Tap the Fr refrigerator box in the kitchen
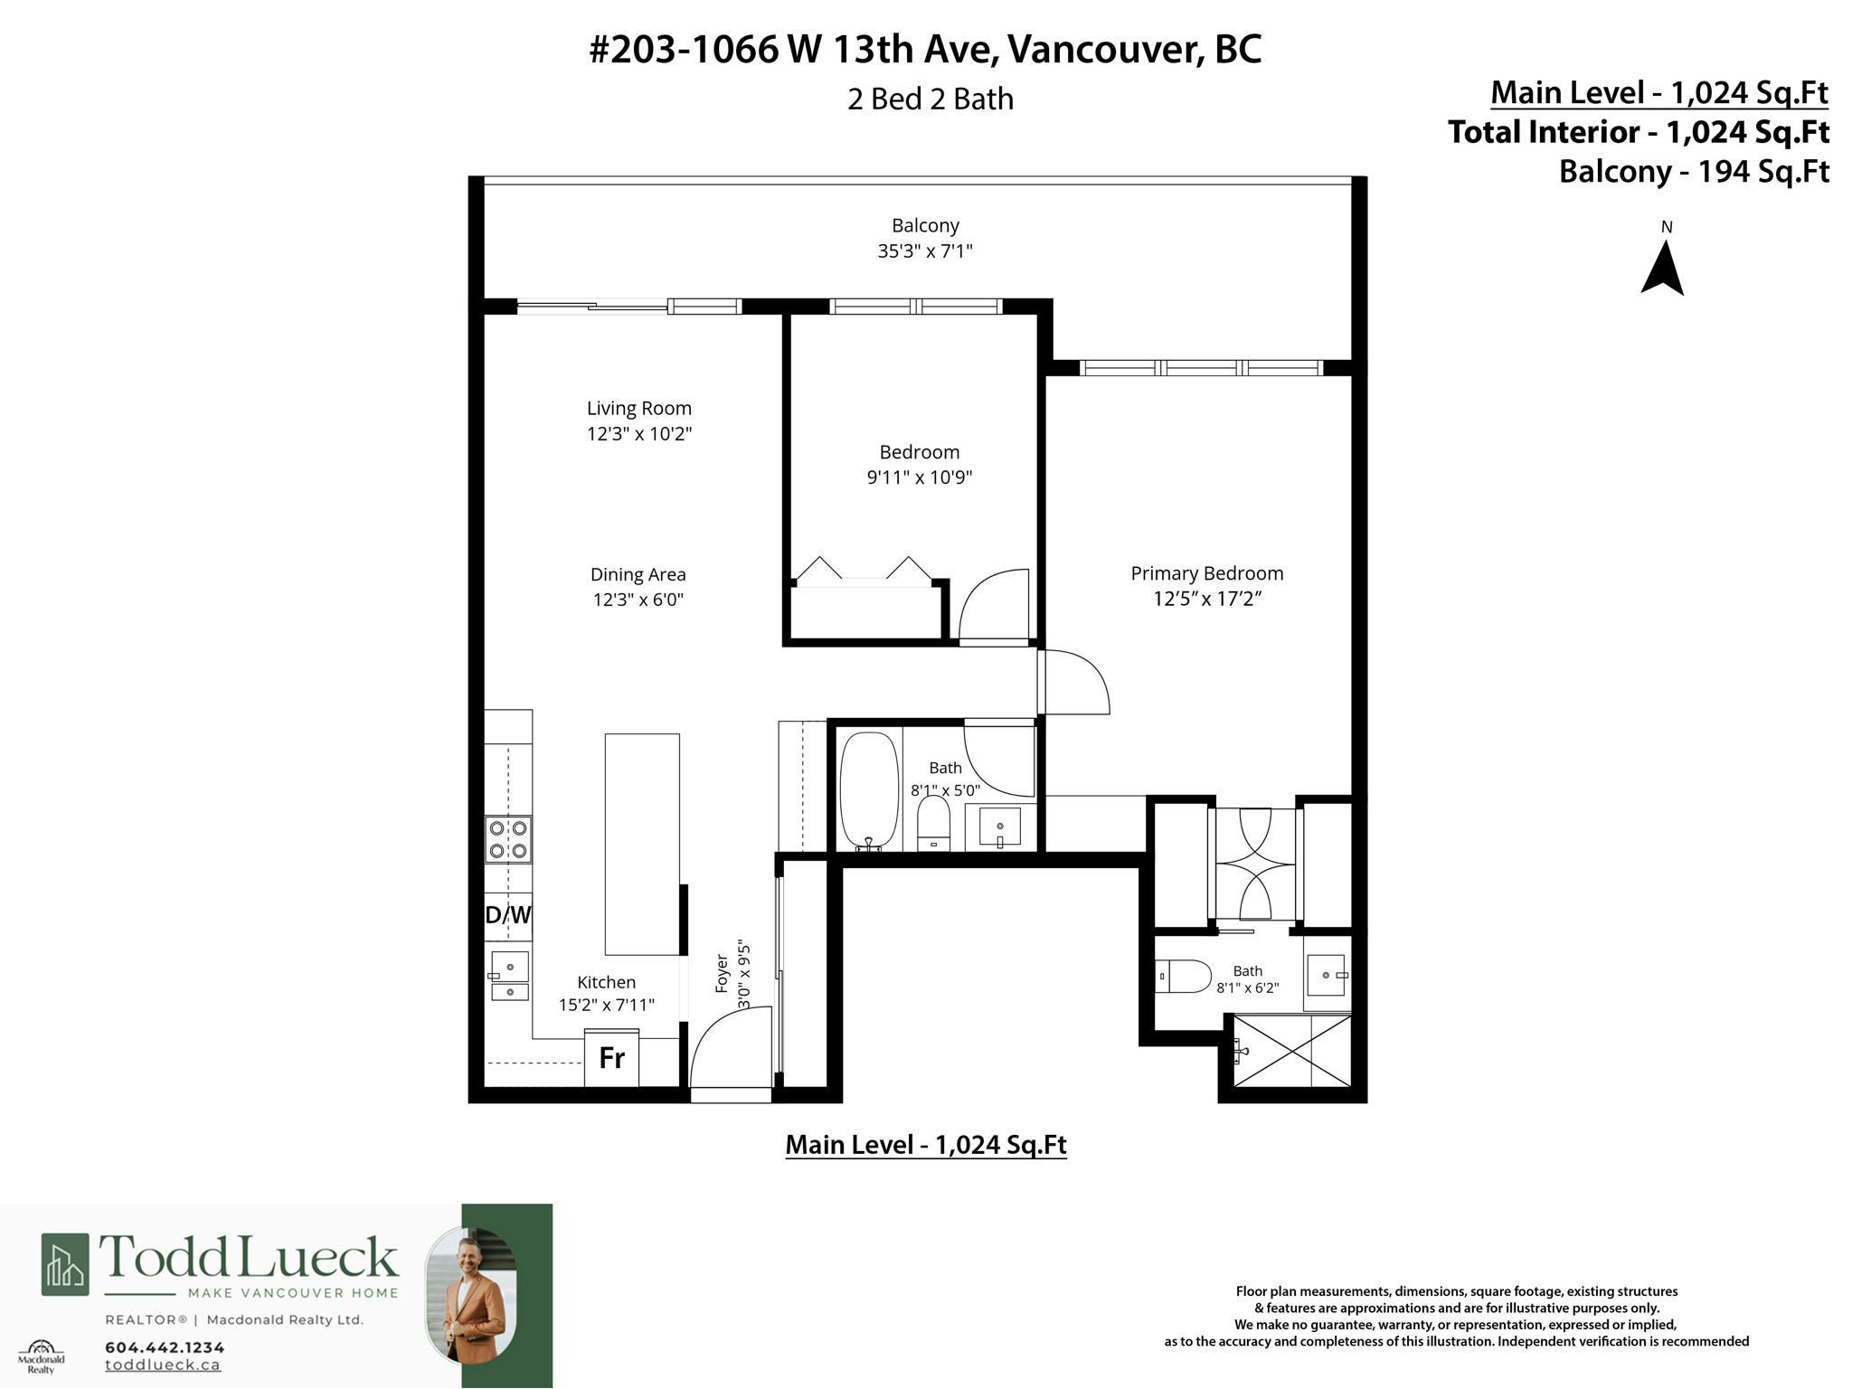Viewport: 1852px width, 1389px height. coord(611,1058)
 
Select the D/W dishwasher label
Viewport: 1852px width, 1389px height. coord(508,915)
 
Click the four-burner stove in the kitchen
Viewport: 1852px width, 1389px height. coord(508,839)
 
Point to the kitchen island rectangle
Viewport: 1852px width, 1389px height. coord(642,844)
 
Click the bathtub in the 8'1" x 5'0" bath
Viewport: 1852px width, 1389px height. coord(868,790)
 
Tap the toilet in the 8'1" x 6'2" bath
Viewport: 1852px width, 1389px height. coord(1186,977)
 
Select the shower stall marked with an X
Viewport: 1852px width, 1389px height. coord(1291,1051)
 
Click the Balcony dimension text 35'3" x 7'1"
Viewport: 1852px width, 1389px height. coord(925,251)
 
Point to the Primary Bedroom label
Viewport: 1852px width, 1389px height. coord(1206,573)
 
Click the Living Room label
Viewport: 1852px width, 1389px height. coord(638,409)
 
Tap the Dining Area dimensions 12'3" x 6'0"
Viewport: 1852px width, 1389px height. coord(638,600)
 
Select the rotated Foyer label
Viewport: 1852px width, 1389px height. coord(722,973)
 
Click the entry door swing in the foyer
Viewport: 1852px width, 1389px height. coord(728,1054)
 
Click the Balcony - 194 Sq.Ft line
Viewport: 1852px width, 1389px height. coord(1694,172)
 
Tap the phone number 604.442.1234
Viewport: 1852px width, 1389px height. coord(165,1347)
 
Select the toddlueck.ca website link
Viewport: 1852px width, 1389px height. coord(163,1365)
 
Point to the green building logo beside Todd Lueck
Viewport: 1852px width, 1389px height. coord(65,1264)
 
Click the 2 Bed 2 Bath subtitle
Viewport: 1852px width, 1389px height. coord(930,99)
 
